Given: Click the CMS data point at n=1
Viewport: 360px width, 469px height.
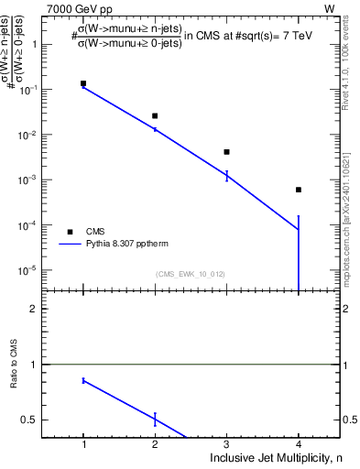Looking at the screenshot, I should click(x=83, y=83).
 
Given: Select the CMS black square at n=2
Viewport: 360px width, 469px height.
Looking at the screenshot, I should click(x=155, y=116).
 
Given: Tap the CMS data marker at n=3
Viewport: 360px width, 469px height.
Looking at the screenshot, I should click(x=226, y=152).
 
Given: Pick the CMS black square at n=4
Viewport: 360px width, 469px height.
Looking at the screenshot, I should click(x=299, y=190).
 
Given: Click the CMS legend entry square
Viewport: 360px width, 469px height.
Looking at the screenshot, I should click(x=70, y=232).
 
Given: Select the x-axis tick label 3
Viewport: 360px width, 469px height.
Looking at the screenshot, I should click(x=226, y=444).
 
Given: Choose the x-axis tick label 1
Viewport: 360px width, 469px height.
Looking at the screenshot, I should click(x=83, y=444).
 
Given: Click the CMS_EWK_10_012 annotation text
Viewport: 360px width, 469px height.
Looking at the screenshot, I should click(x=191, y=274).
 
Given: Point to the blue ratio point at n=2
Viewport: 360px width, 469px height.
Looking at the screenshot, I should click(x=155, y=420).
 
